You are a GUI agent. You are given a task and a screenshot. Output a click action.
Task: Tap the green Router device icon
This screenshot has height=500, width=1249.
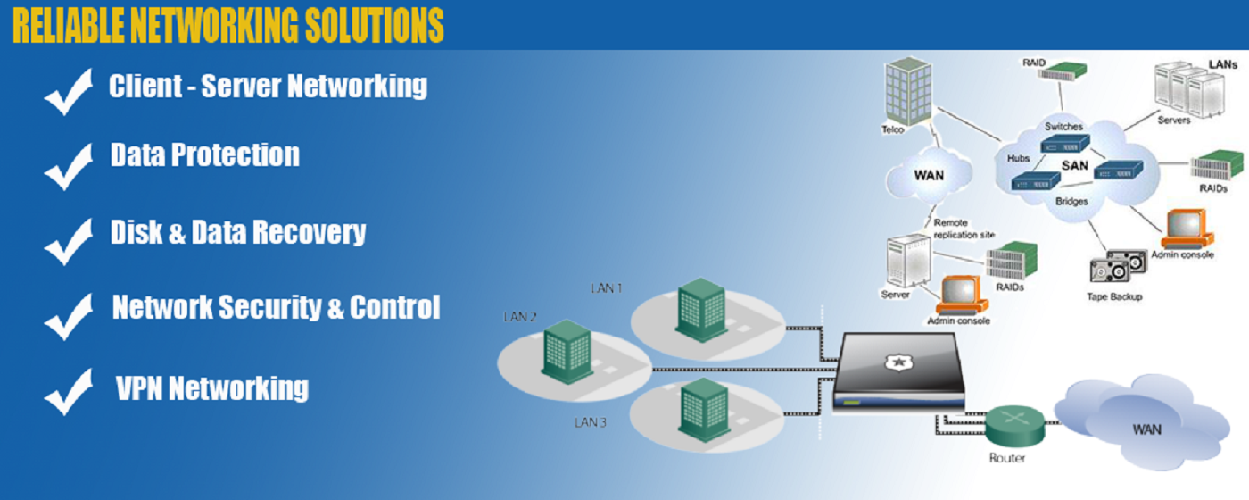[1014, 424]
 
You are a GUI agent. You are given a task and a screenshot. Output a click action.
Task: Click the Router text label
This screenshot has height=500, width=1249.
[1007, 458]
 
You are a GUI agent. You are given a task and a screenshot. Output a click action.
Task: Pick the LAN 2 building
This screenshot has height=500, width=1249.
[566, 351]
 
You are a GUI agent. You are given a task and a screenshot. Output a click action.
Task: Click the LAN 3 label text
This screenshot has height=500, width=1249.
[591, 421]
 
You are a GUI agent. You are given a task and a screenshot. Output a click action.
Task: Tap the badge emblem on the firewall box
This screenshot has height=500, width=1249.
[897, 362]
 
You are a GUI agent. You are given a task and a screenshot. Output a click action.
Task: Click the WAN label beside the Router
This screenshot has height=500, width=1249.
[1146, 429]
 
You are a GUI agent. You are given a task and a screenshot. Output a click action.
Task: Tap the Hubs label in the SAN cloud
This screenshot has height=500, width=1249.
[1019, 158]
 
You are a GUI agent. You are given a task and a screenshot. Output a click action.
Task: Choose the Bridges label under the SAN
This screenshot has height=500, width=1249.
[1071, 202]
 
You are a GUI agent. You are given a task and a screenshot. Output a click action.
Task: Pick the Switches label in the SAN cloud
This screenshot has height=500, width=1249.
[1063, 127]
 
